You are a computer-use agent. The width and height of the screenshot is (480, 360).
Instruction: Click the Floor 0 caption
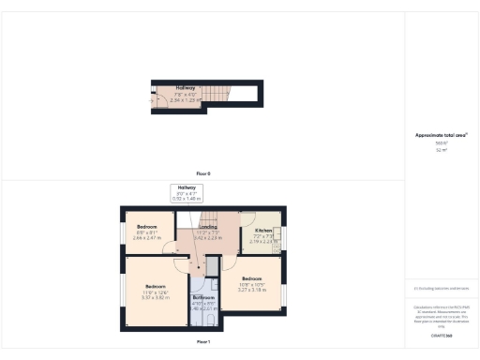click(203, 174)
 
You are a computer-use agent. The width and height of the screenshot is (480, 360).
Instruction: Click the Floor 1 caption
click(203, 342)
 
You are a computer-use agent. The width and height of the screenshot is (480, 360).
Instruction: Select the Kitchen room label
click(263, 230)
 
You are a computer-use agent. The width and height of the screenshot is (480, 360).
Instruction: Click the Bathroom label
click(204, 297)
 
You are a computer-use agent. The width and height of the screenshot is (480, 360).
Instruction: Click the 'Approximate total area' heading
click(441, 135)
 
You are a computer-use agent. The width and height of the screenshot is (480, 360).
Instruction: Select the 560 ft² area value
click(441, 143)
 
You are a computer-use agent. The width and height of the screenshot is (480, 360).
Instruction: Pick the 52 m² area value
click(441, 150)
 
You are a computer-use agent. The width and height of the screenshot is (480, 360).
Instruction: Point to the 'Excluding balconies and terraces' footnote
click(441, 289)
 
